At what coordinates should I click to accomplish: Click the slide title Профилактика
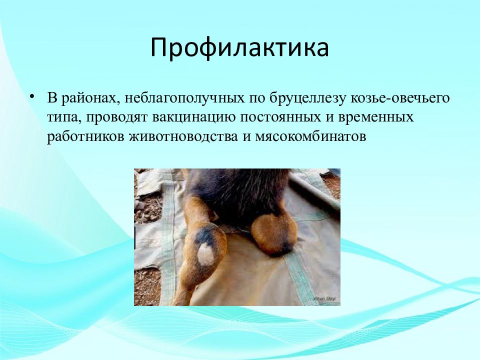coord(239,48)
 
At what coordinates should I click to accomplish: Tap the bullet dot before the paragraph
coord(32,96)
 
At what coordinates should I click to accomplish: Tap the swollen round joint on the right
coord(274,234)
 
